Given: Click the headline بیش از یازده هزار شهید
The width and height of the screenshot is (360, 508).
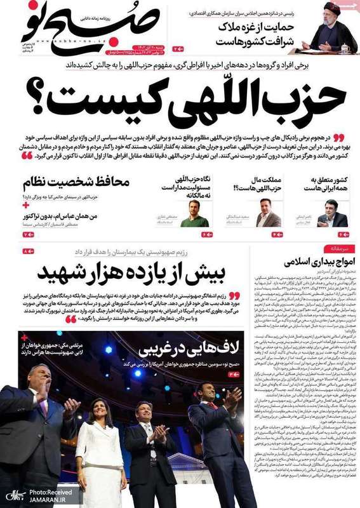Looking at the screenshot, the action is pos(133,272).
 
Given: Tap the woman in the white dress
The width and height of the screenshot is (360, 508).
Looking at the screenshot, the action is pos(102,438).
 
